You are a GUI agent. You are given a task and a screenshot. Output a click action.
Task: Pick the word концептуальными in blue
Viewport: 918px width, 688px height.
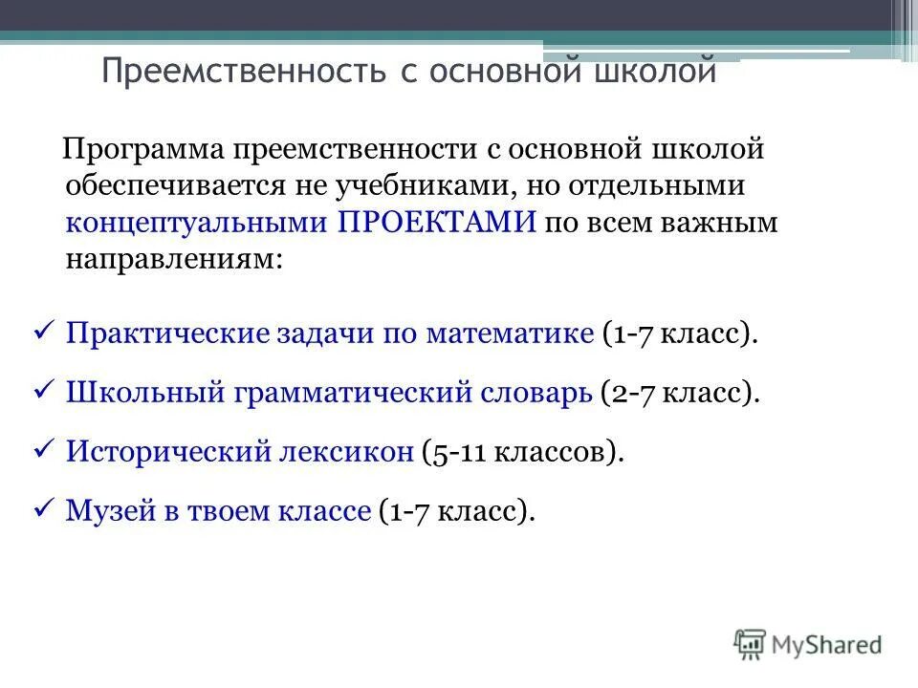pos(198,223)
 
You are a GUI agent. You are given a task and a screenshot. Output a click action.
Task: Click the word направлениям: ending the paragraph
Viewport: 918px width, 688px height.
pos(174,259)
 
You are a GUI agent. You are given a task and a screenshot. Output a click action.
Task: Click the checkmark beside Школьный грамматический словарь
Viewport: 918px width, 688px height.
pos(42,392)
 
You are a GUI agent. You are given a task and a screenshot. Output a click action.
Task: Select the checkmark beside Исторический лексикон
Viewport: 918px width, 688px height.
pos(42,451)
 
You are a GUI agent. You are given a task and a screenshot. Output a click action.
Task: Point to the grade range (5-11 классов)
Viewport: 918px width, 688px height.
pos(522,452)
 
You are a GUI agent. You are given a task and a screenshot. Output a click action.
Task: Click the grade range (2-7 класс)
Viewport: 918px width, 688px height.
pos(680,393)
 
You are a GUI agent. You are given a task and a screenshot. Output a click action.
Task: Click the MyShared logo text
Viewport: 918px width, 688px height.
pos(827,644)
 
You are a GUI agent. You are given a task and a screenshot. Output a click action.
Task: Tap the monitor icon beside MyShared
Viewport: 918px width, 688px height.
pos(751,643)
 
